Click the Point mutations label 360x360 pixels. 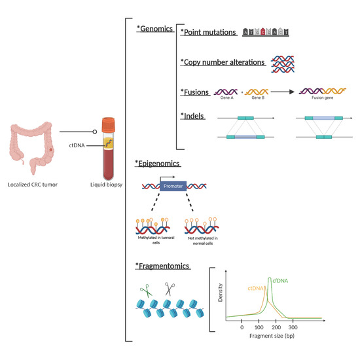point(209,31)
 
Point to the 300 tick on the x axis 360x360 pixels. point(293,327)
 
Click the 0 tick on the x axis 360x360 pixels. point(242,327)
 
